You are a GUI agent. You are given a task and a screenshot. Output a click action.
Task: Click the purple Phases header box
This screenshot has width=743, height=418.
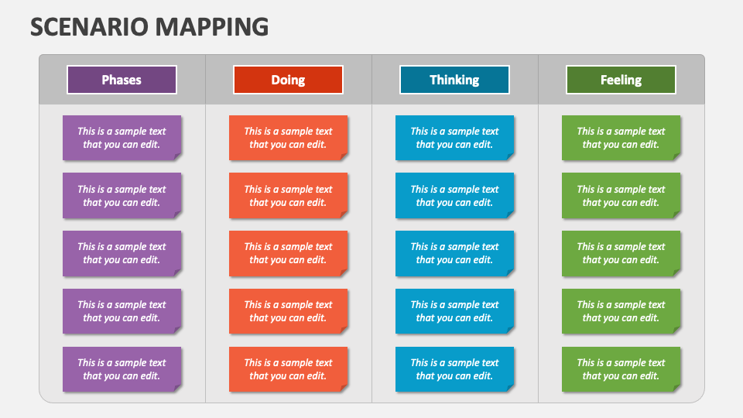pos(122,80)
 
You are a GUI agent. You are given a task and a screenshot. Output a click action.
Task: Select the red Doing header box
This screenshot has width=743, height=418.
pos(288,80)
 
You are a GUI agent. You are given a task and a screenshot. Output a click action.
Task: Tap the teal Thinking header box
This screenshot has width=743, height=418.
pos(454,80)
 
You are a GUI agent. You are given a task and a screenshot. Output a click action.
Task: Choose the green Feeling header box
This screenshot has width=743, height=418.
pos(621,80)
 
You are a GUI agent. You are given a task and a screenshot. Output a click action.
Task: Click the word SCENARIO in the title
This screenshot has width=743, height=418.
pos(89,27)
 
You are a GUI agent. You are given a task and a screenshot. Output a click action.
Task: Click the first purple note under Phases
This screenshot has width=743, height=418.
pos(122,138)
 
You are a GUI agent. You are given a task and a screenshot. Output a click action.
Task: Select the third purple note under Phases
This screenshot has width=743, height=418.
pos(122,253)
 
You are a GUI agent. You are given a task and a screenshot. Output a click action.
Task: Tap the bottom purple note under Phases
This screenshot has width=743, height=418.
pos(122,369)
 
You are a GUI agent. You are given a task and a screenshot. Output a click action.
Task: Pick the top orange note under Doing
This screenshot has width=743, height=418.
pos(288,138)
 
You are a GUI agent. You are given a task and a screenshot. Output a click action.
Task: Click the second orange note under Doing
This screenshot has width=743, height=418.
pos(288,196)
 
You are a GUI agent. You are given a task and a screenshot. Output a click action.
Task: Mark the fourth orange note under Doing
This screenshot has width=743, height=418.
pos(288,311)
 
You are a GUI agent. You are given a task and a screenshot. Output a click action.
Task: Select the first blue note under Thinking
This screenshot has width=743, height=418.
pos(454,138)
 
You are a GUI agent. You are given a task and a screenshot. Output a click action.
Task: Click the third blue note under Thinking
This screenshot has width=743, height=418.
pos(454,253)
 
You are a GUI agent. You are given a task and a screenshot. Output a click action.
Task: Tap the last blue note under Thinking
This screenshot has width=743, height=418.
pos(454,369)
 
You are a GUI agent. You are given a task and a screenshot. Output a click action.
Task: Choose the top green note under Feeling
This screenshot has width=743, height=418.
pos(621,138)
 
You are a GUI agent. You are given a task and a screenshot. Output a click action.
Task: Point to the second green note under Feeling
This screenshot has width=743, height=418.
pos(621,196)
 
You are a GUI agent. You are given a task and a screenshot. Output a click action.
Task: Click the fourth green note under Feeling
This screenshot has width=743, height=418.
pos(621,311)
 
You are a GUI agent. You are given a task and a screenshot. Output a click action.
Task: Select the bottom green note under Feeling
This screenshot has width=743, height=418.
pos(621,369)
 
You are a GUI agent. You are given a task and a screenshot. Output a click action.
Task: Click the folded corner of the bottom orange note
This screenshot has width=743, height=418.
pos(344,388)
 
